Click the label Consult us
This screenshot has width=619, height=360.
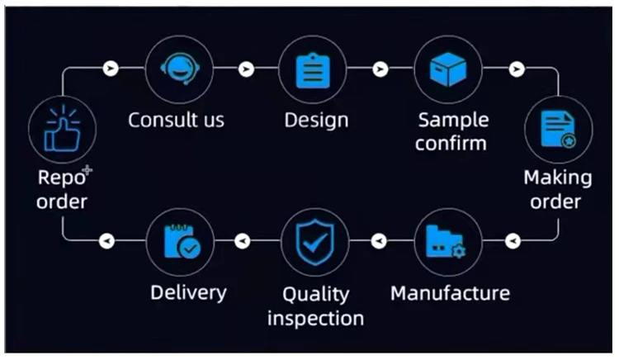[x=176, y=120]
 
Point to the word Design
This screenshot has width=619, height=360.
[x=316, y=120]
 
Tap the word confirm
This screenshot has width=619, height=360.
[x=451, y=143]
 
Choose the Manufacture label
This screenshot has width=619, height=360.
[x=450, y=293]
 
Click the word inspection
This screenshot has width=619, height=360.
[x=315, y=318]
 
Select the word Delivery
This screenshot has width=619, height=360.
[x=188, y=293]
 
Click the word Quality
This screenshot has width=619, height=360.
[x=315, y=294]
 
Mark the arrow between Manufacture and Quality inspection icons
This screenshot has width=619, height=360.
[x=379, y=241]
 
